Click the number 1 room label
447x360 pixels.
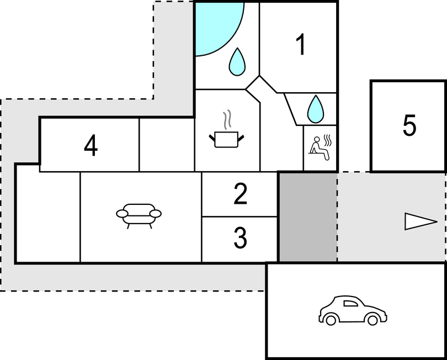point(301,44)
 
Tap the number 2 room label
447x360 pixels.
point(240,194)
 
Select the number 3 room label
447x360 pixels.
point(240,238)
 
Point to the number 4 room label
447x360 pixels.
point(91,146)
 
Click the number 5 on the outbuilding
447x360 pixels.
point(409,125)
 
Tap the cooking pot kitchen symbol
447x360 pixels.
point(227,139)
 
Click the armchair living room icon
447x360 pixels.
point(139,216)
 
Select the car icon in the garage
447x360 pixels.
point(353,310)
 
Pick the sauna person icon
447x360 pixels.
point(320,148)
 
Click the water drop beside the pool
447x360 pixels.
point(237,62)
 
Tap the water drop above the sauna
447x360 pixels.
point(316,109)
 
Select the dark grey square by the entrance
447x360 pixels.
point(308,217)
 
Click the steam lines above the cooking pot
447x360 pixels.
point(227,119)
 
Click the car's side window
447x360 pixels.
point(350,304)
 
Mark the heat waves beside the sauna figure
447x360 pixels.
point(328,141)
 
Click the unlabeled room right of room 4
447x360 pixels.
point(167,145)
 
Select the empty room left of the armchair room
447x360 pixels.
point(47,217)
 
